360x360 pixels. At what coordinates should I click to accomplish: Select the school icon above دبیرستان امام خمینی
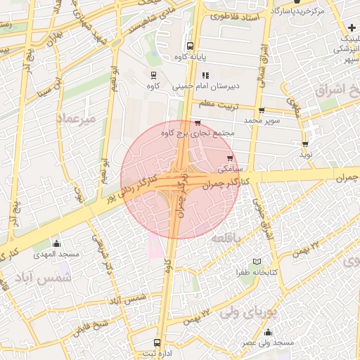coord(205,75)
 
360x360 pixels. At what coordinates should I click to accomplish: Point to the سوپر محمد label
coord(262,121)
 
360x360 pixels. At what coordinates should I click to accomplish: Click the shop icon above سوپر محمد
coord(262,110)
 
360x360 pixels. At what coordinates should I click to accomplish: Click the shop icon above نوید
coord(304,142)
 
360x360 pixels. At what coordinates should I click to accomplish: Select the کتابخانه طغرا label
coord(257,271)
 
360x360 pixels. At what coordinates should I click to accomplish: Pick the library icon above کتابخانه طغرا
coord(257,261)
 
